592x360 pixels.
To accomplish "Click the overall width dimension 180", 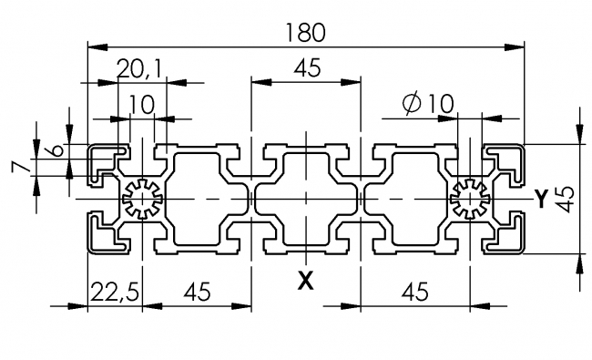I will (x=305, y=32).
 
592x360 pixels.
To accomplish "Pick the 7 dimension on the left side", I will (x=15, y=168).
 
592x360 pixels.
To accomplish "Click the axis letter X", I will (x=306, y=280).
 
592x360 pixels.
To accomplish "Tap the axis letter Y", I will (x=541, y=197).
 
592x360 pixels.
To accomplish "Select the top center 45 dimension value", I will (x=306, y=67).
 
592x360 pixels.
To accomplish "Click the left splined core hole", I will (x=141, y=198).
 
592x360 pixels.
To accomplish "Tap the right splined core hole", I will (x=470, y=198).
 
